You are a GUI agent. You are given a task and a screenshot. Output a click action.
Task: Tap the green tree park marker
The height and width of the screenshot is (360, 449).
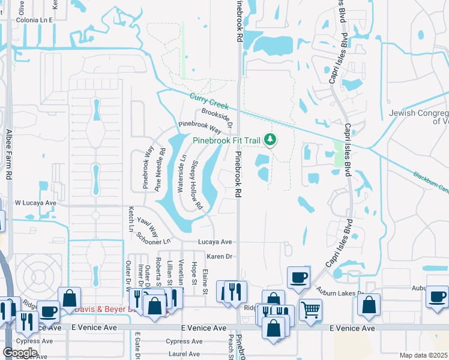(270, 140)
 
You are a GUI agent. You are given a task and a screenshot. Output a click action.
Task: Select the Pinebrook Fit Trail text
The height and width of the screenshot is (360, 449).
(226, 142)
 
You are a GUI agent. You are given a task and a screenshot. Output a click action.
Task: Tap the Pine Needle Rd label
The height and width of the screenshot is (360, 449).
(159, 169)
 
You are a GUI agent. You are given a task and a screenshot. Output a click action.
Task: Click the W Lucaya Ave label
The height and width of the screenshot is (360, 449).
(35, 203)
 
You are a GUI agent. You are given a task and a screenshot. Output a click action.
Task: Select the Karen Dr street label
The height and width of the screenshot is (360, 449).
(219, 256)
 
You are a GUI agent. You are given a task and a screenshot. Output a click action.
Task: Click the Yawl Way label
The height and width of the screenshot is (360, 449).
(147, 226)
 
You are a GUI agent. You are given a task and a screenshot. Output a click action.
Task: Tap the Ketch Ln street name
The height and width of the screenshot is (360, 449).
(130, 220)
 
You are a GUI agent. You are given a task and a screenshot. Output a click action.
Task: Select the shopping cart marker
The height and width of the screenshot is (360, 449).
(310, 310)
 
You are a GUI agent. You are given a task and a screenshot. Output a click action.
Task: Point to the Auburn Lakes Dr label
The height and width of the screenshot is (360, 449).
(340, 293)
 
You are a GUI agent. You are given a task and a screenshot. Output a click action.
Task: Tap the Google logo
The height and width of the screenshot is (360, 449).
(20, 352)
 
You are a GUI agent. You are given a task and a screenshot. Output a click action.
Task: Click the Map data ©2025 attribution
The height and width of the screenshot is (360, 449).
(423, 355)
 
